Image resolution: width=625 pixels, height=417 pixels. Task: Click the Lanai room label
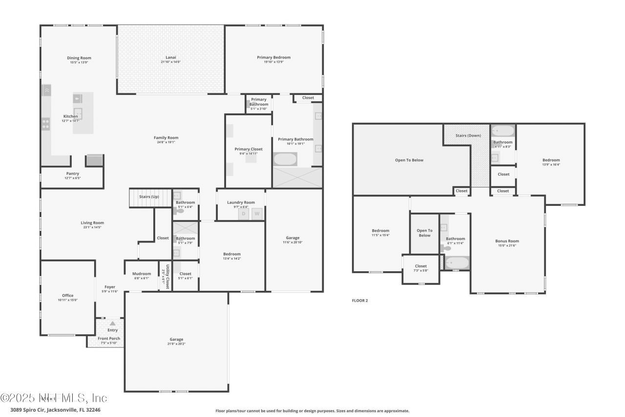coord(170,58)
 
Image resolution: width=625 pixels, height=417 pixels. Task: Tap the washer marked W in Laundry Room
coord(257,214)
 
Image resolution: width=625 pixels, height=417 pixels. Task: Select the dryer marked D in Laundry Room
coord(244,214)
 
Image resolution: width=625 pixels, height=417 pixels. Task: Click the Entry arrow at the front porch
coord(113,323)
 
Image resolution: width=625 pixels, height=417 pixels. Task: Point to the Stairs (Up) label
coord(148,197)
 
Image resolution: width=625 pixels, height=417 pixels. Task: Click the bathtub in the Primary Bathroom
coord(285,159)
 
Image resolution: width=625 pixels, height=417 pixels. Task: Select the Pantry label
coord(72,174)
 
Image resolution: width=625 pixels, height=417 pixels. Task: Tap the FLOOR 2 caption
coord(360,301)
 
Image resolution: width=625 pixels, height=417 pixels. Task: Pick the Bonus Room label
coord(507,241)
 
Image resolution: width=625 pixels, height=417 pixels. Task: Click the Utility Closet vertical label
coord(167,277)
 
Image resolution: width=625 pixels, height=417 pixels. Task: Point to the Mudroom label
coord(142,274)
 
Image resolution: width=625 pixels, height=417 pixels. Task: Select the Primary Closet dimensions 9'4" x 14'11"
coord(249,154)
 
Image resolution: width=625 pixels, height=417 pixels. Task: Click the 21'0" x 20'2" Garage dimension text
coord(176,344)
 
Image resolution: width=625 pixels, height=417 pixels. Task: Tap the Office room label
coord(67,295)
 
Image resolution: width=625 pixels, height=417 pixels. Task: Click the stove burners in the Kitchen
coord(45,124)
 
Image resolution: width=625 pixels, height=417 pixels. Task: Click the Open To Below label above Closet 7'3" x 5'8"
coord(424,233)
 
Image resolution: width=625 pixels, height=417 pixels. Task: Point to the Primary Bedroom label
coord(273,58)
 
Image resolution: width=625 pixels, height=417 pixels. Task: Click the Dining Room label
coord(79,58)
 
